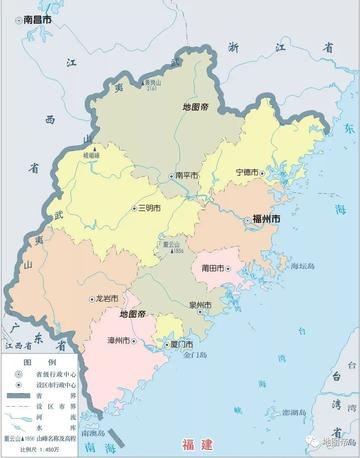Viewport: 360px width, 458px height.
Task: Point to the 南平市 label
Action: [186, 175]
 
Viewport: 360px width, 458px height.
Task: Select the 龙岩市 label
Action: [107, 298]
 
